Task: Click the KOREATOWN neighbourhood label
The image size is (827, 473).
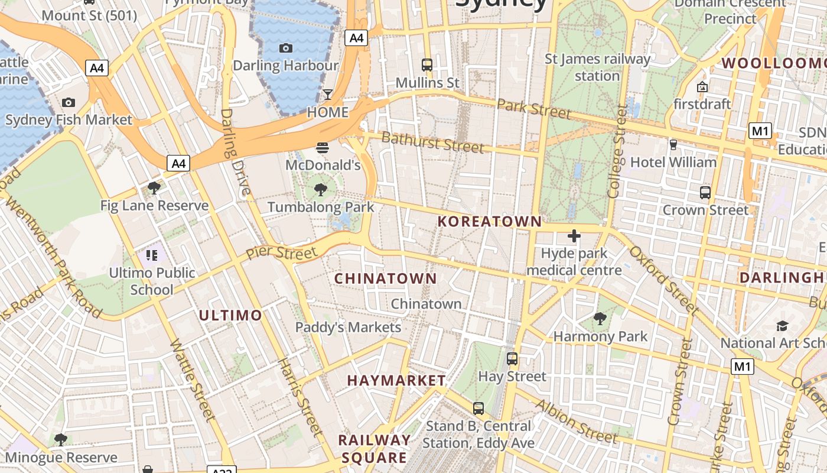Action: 489,222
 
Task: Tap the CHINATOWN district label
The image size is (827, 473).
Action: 386,278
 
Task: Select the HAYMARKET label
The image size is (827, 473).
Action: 396,380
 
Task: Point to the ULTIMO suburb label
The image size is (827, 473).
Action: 230,315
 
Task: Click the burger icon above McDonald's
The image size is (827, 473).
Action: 323,147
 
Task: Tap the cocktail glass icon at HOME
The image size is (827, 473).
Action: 328,95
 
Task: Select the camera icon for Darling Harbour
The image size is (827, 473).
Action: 286,48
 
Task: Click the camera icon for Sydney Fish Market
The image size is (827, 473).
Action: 69,102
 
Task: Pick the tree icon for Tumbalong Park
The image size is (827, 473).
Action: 321,190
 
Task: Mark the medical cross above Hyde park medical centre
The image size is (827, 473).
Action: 574,237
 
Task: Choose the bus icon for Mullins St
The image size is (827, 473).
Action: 426,65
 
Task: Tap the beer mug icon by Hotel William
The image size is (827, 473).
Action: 673,144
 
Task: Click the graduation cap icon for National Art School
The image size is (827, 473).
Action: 783,326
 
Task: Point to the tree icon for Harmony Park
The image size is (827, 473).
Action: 600,319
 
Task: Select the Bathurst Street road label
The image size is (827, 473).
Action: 432,142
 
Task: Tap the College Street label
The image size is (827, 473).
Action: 616,151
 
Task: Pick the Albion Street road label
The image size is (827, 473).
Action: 576,421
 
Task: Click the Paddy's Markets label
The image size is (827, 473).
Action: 348,327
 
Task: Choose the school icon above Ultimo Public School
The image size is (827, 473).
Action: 152,255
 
